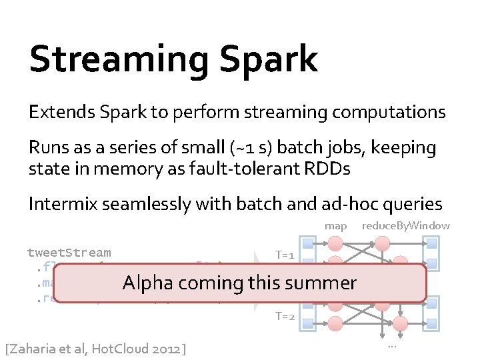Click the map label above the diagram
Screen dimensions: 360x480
[x=335, y=226]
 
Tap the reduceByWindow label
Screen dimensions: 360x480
[x=405, y=226]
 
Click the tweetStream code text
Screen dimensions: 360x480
[x=69, y=253]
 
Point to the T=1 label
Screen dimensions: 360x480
[x=285, y=255]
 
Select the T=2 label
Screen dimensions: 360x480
[x=285, y=316]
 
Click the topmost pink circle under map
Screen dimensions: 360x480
[x=337, y=243]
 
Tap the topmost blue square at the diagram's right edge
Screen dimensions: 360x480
[x=431, y=243]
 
